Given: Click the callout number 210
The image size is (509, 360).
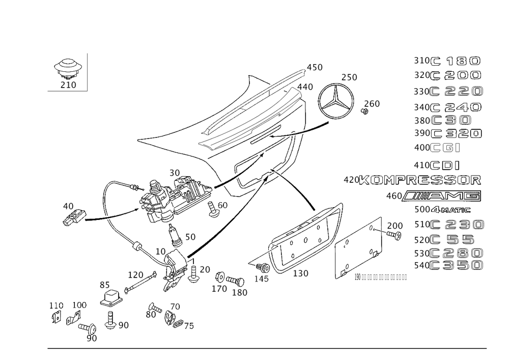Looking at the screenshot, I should pos(68,86).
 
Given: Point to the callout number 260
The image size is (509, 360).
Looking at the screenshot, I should pos(372,104).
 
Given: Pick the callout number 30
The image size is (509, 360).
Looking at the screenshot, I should pos(175,174).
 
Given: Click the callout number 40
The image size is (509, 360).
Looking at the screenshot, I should pos(68,206).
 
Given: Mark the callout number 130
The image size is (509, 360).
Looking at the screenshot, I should pos(301,274).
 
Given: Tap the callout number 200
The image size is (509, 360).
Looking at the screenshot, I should pos(395,226).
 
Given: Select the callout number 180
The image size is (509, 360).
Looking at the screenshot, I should pos(239,292).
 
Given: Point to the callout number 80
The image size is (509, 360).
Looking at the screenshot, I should pos(151,314).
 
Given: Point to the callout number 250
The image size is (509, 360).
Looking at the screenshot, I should pos(349,77).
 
